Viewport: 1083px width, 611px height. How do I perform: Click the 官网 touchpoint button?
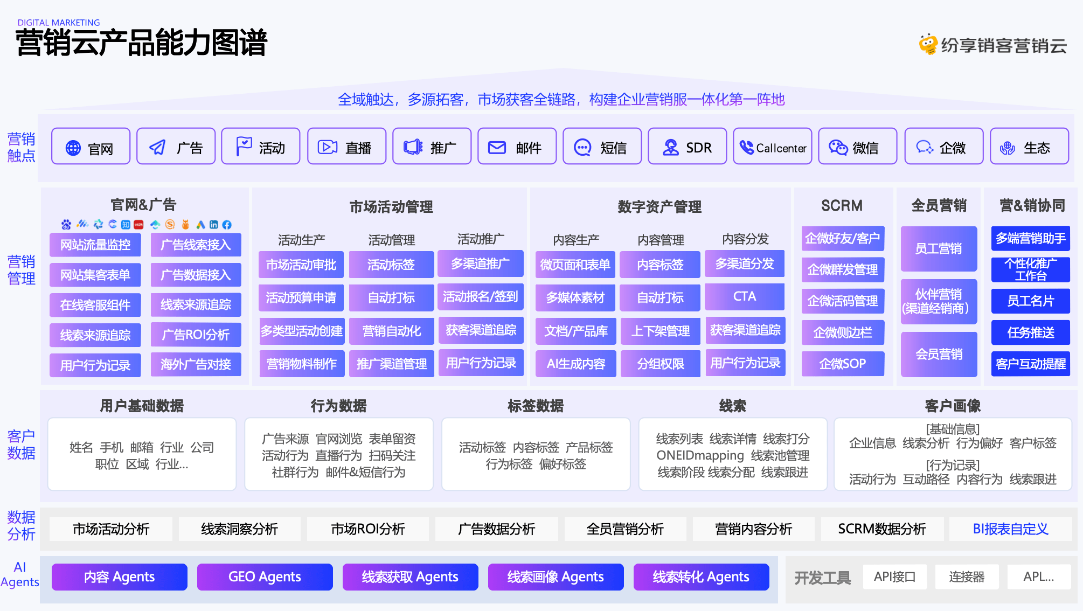pos(91,146)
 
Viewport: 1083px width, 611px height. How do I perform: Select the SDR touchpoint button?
pos(687,146)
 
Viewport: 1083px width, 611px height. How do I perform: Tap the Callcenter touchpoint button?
pos(772,146)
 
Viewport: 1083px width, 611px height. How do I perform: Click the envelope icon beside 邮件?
pos(497,147)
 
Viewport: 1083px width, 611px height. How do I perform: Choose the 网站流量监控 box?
pos(95,245)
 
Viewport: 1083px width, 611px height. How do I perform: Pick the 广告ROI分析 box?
pos(196,335)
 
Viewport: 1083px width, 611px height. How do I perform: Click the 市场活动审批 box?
pos(301,265)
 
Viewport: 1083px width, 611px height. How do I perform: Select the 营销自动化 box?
pos(392,331)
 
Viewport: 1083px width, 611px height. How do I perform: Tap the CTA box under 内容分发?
pos(745,296)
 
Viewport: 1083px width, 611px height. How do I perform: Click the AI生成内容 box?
pos(576,364)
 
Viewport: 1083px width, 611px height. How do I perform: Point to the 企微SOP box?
pos(843,364)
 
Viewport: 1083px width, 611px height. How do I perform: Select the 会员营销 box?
pos(939,354)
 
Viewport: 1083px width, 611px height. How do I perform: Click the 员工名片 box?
pos(1030,301)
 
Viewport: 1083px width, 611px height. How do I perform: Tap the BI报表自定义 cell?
pos(1010,529)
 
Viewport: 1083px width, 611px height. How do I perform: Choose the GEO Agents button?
pos(265,577)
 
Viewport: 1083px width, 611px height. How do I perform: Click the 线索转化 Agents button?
pos(701,577)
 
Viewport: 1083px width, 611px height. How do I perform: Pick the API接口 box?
pos(894,577)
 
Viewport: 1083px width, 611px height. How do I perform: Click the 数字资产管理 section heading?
pos(659,206)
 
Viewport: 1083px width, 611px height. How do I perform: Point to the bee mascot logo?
pos(928,44)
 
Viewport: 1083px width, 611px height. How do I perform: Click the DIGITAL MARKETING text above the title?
pos(59,23)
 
